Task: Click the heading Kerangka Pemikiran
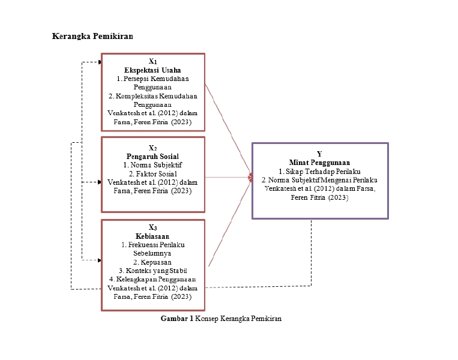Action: (x=92, y=36)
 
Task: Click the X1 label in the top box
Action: (x=152, y=62)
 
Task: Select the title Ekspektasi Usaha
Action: (x=152, y=70)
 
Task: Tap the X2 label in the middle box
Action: (x=152, y=148)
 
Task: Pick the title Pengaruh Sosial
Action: (x=152, y=156)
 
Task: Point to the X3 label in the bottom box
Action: (x=152, y=228)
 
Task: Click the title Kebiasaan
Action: (x=152, y=236)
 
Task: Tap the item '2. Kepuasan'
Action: (x=152, y=262)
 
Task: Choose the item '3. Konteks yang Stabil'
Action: (x=152, y=271)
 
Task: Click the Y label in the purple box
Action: (x=319, y=154)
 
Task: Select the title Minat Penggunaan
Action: (x=319, y=162)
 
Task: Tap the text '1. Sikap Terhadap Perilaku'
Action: (x=319, y=171)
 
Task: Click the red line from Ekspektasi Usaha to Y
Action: (x=229, y=128)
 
